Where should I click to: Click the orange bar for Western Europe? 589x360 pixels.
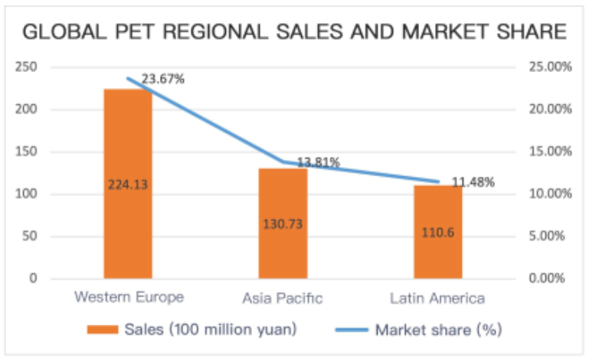tap(128, 184)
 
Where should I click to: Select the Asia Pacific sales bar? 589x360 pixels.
tap(283, 224)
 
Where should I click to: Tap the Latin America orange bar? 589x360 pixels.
tap(438, 232)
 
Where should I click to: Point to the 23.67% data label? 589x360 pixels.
tap(162, 79)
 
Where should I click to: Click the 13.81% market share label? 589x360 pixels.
tap(319, 162)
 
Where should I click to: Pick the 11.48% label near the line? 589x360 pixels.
tap(473, 182)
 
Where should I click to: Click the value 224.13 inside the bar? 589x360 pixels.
tap(128, 185)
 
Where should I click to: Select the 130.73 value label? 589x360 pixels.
tap(283, 224)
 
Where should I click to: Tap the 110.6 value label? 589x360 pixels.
tap(437, 233)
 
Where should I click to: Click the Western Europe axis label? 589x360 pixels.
tap(129, 297)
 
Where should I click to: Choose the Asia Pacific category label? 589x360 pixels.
tap(283, 299)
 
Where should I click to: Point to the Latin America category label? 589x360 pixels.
tap(437, 299)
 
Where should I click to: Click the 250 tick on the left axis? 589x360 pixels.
tap(26, 67)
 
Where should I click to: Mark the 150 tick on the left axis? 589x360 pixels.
tap(26, 152)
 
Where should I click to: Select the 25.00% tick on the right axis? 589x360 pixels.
tap(550, 67)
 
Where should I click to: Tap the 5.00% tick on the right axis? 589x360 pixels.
tap(547, 236)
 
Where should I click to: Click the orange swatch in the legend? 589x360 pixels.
tap(103, 329)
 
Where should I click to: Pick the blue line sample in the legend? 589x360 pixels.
tap(352, 330)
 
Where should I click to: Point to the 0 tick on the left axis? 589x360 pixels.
tap(33, 278)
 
